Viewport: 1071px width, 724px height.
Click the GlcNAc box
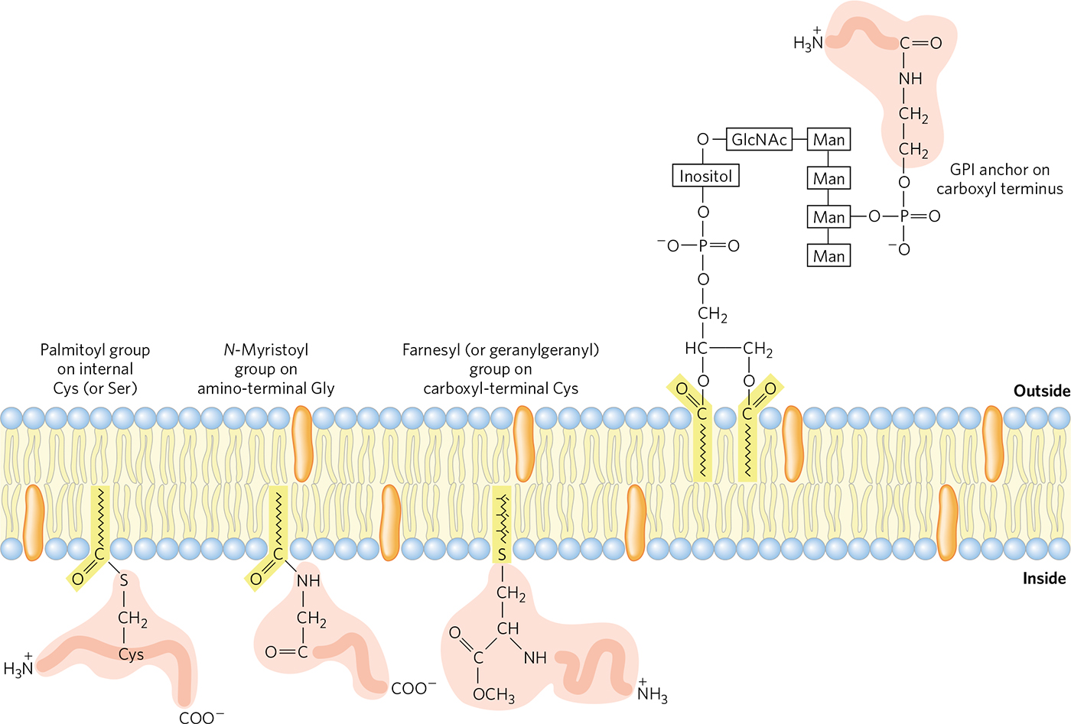pos(759,139)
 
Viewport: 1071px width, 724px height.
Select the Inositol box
pos(705,177)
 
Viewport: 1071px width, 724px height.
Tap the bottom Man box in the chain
pos(829,256)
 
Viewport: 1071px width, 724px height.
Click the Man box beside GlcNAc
pos(829,140)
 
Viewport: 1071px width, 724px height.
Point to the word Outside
pos(1041,391)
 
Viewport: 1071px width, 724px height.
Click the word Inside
pos(1044,578)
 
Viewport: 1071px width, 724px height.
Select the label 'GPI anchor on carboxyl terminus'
pos(999,179)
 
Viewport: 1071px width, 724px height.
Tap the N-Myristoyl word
pos(266,350)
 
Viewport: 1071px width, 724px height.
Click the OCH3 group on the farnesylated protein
pos(493,694)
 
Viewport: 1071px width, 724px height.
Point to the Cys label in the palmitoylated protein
pos(131,654)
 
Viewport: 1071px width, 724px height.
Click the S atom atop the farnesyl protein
pos(502,554)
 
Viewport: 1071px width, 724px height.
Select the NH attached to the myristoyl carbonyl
pos(308,581)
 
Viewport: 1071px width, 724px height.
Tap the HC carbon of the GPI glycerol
pos(696,349)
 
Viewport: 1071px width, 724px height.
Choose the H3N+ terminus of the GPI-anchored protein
pos(808,42)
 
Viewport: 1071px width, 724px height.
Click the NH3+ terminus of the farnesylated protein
pos(652,693)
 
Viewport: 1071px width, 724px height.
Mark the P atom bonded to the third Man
pos(904,216)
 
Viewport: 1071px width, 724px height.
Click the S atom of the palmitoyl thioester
pos(124,582)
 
